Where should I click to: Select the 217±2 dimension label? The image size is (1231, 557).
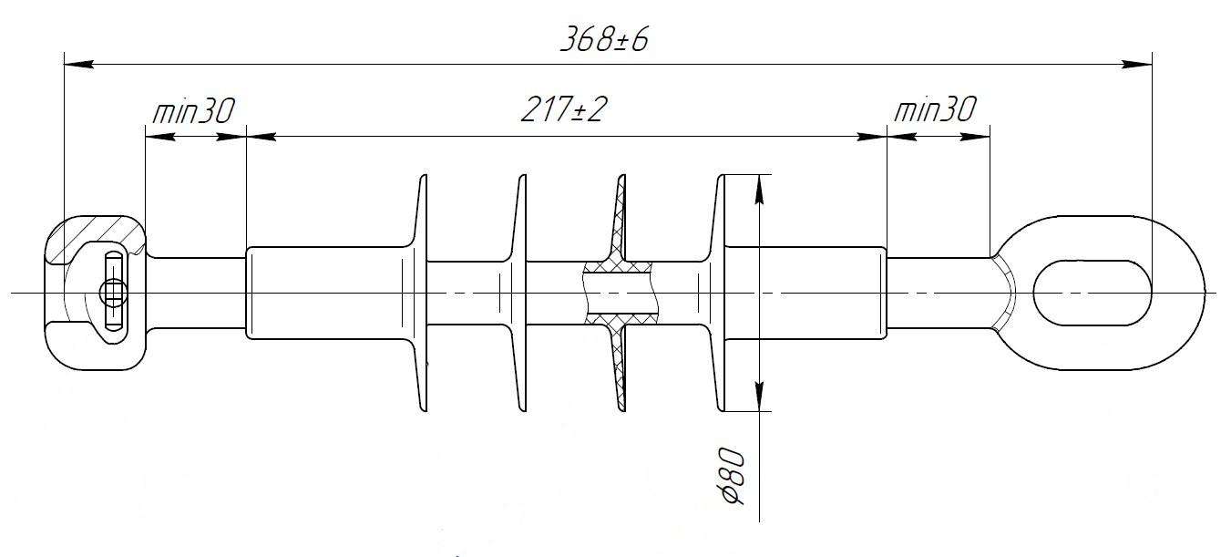pyautogui.click(x=564, y=111)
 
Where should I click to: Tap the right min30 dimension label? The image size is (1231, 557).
pyautogui.click(x=935, y=111)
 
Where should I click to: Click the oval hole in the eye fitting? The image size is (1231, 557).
pyautogui.click(x=1092, y=293)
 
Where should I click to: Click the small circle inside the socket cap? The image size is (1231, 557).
pyautogui.click(x=113, y=293)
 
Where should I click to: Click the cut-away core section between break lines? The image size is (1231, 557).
pyautogui.click(x=621, y=293)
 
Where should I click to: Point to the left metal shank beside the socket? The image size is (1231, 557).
pyautogui.click(x=195, y=293)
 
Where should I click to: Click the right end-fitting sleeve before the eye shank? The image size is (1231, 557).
pyautogui.click(x=806, y=293)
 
